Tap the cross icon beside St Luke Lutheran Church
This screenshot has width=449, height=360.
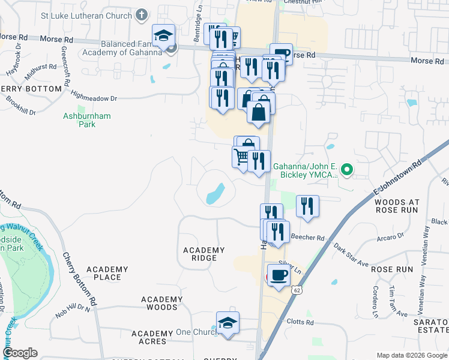click(142, 13)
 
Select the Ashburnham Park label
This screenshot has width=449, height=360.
click(88, 120)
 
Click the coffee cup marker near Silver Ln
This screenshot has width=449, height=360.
click(279, 276)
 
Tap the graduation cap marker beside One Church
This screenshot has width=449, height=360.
click(228, 324)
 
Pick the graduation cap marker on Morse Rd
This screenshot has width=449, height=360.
click(163, 36)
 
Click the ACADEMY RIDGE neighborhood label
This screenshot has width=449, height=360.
click(203, 254)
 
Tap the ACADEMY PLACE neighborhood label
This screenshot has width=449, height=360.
click(107, 273)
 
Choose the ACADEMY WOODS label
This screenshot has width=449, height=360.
click(161, 303)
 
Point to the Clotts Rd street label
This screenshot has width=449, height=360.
click(301, 322)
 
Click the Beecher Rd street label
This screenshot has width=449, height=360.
click(307, 238)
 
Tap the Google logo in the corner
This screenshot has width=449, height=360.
click(20, 353)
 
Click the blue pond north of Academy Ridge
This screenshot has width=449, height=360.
click(215, 194)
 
